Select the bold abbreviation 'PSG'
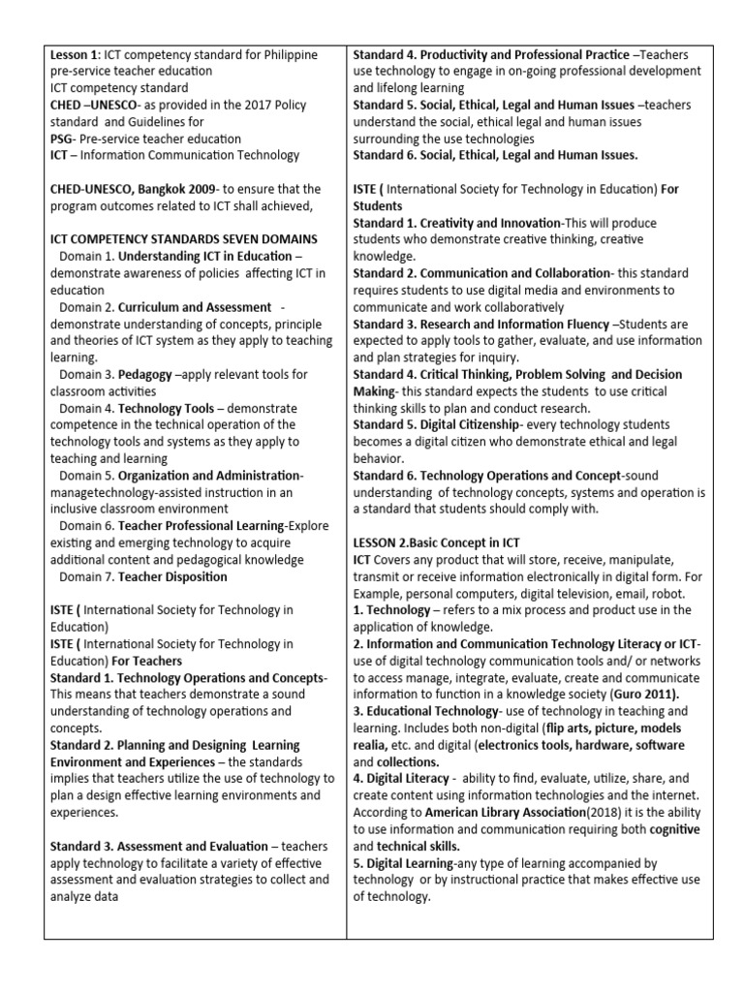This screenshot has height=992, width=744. point(62,139)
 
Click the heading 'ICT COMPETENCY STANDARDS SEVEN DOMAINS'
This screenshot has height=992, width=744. point(183,238)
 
